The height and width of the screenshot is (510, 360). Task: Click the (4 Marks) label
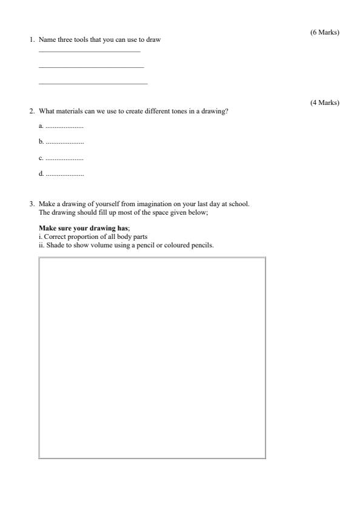coord(324,102)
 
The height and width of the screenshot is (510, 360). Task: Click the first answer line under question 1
coord(89,52)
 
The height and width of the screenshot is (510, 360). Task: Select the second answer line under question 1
coord(91,67)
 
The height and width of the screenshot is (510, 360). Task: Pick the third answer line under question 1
coord(93,83)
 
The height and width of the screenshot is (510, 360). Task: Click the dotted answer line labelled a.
coord(64,126)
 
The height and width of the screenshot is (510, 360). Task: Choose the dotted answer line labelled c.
coord(64,158)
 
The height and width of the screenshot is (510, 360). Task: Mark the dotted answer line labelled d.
coord(65,175)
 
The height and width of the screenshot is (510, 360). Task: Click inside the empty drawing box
coord(152,358)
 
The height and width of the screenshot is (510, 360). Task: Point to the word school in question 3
coord(238,204)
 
